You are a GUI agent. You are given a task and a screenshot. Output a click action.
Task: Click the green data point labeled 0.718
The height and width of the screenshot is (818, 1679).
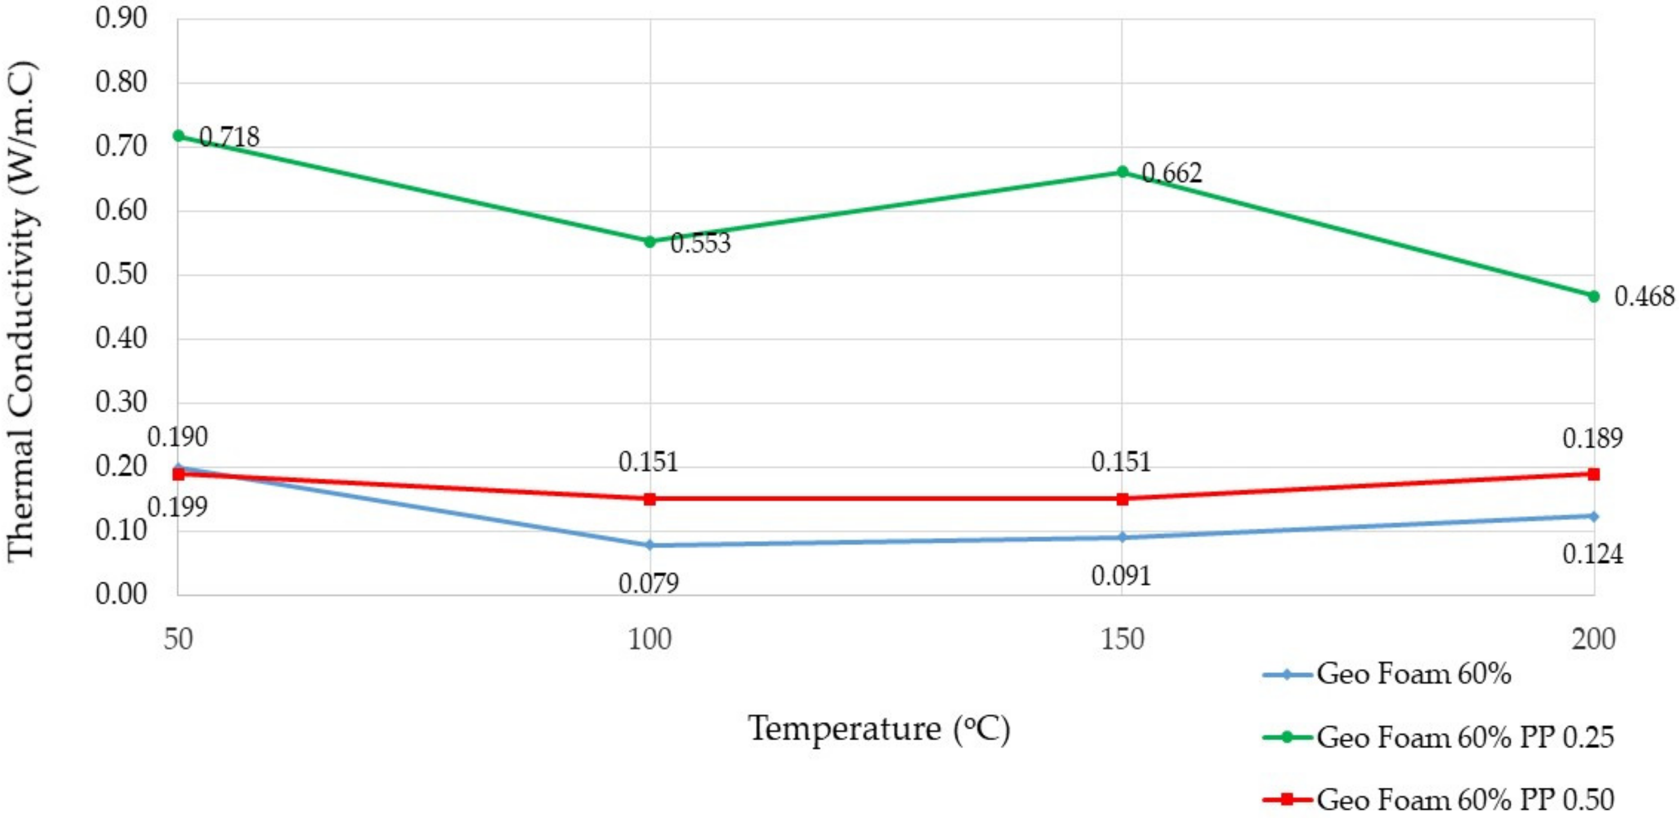click(x=178, y=136)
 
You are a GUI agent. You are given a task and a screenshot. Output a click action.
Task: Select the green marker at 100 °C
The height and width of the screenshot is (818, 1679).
click(x=650, y=241)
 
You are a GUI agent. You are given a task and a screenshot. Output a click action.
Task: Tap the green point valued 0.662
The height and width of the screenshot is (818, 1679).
click(x=1122, y=172)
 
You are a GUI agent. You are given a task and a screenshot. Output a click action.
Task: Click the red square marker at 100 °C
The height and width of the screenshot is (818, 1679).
click(x=650, y=499)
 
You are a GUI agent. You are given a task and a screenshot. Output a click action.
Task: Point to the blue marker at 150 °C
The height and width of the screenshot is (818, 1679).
click(x=1122, y=537)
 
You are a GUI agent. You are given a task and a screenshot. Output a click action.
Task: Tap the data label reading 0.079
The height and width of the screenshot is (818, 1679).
click(x=649, y=583)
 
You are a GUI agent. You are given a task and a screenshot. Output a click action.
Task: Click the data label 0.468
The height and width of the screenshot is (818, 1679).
click(x=1643, y=297)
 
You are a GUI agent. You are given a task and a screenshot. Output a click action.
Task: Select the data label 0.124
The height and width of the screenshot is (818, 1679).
click(x=1593, y=554)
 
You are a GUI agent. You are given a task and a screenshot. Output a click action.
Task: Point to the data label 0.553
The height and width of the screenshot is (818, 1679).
click(x=700, y=243)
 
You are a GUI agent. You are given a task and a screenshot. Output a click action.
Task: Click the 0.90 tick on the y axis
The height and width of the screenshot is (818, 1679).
click(x=121, y=18)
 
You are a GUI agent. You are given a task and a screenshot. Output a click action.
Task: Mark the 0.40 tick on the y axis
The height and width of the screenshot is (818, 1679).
click(x=121, y=338)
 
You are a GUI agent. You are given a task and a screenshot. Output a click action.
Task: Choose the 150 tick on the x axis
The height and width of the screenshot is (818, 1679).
click(x=1122, y=639)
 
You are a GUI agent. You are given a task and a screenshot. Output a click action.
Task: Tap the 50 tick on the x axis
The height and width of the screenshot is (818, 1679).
click(x=178, y=639)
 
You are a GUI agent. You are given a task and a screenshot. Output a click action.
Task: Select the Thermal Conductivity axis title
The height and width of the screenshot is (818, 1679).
click(x=21, y=312)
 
